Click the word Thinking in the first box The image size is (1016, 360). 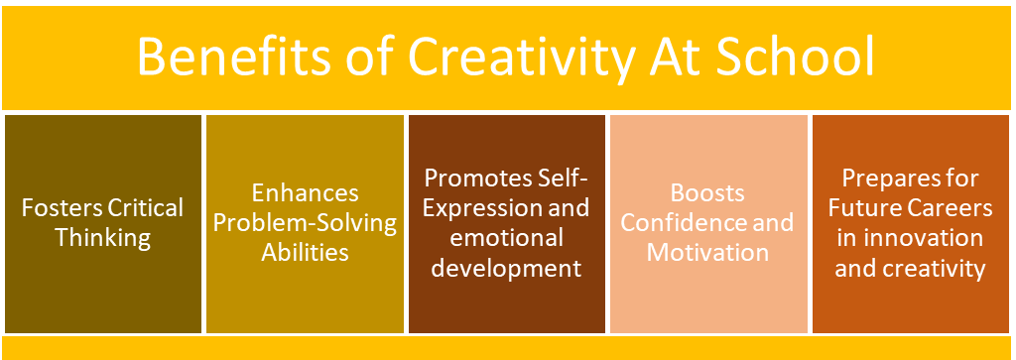(102, 238)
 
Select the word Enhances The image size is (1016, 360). (305, 193)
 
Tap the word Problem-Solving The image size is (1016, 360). (305, 223)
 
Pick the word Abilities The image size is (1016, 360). (305, 252)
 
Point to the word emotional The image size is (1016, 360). (506, 238)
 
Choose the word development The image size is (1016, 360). (506, 268)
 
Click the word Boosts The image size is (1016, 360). (707, 193)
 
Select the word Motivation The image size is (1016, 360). (707, 252)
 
